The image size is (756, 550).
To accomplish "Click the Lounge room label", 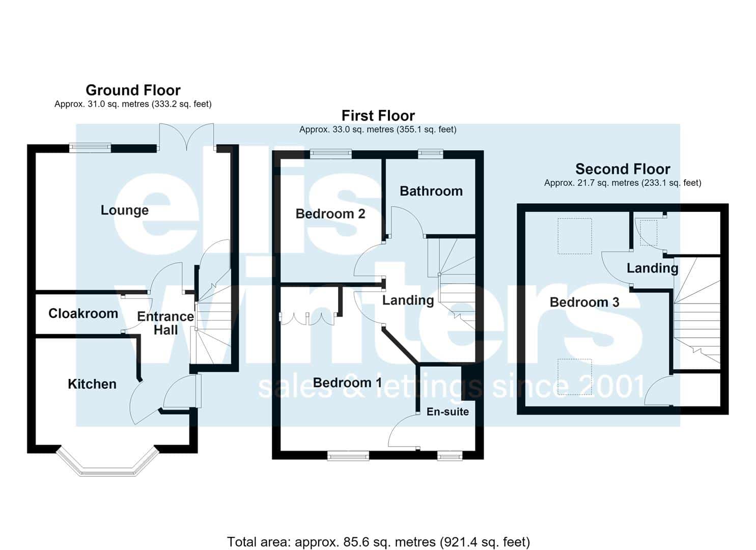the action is pyautogui.click(x=125, y=211).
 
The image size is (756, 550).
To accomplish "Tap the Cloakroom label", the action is pyautogui.click(x=83, y=314).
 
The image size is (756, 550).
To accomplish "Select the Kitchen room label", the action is pyautogui.click(x=92, y=384).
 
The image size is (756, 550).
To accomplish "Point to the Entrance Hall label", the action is pyautogui.click(x=165, y=323).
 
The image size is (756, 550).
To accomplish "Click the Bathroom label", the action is pyautogui.click(x=431, y=191).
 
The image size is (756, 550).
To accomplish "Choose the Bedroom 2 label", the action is pyautogui.click(x=330, y=214).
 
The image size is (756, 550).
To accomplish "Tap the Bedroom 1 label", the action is pyautogui.click(x=347, y=382).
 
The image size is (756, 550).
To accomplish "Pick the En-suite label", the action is pyautogui.click(x=447, y=411).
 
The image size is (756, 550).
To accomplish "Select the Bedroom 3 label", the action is pyautogui.click(x=584, y=302).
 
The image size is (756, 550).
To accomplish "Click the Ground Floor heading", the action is pyautogui.click(x=133, y=90).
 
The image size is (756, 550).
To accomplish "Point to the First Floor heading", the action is pyautogui.click(x=378, y=116).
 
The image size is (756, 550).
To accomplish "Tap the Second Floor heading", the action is pyautogui.click(x=623, y=169).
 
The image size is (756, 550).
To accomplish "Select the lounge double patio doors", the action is pyautogui.click(x=187, y=136).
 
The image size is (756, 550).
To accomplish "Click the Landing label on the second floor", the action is pyautogui.click(x=652, y=268).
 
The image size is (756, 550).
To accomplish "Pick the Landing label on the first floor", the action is pyautogui.click(x=408, y=300).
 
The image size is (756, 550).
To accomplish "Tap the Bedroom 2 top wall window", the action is pyautogui.click(x=331, y=154).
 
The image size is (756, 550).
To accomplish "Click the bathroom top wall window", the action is pyautogui.click(x=431, y=154).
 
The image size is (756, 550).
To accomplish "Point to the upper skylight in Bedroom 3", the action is pyautogui.click(x=574, y=236).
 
